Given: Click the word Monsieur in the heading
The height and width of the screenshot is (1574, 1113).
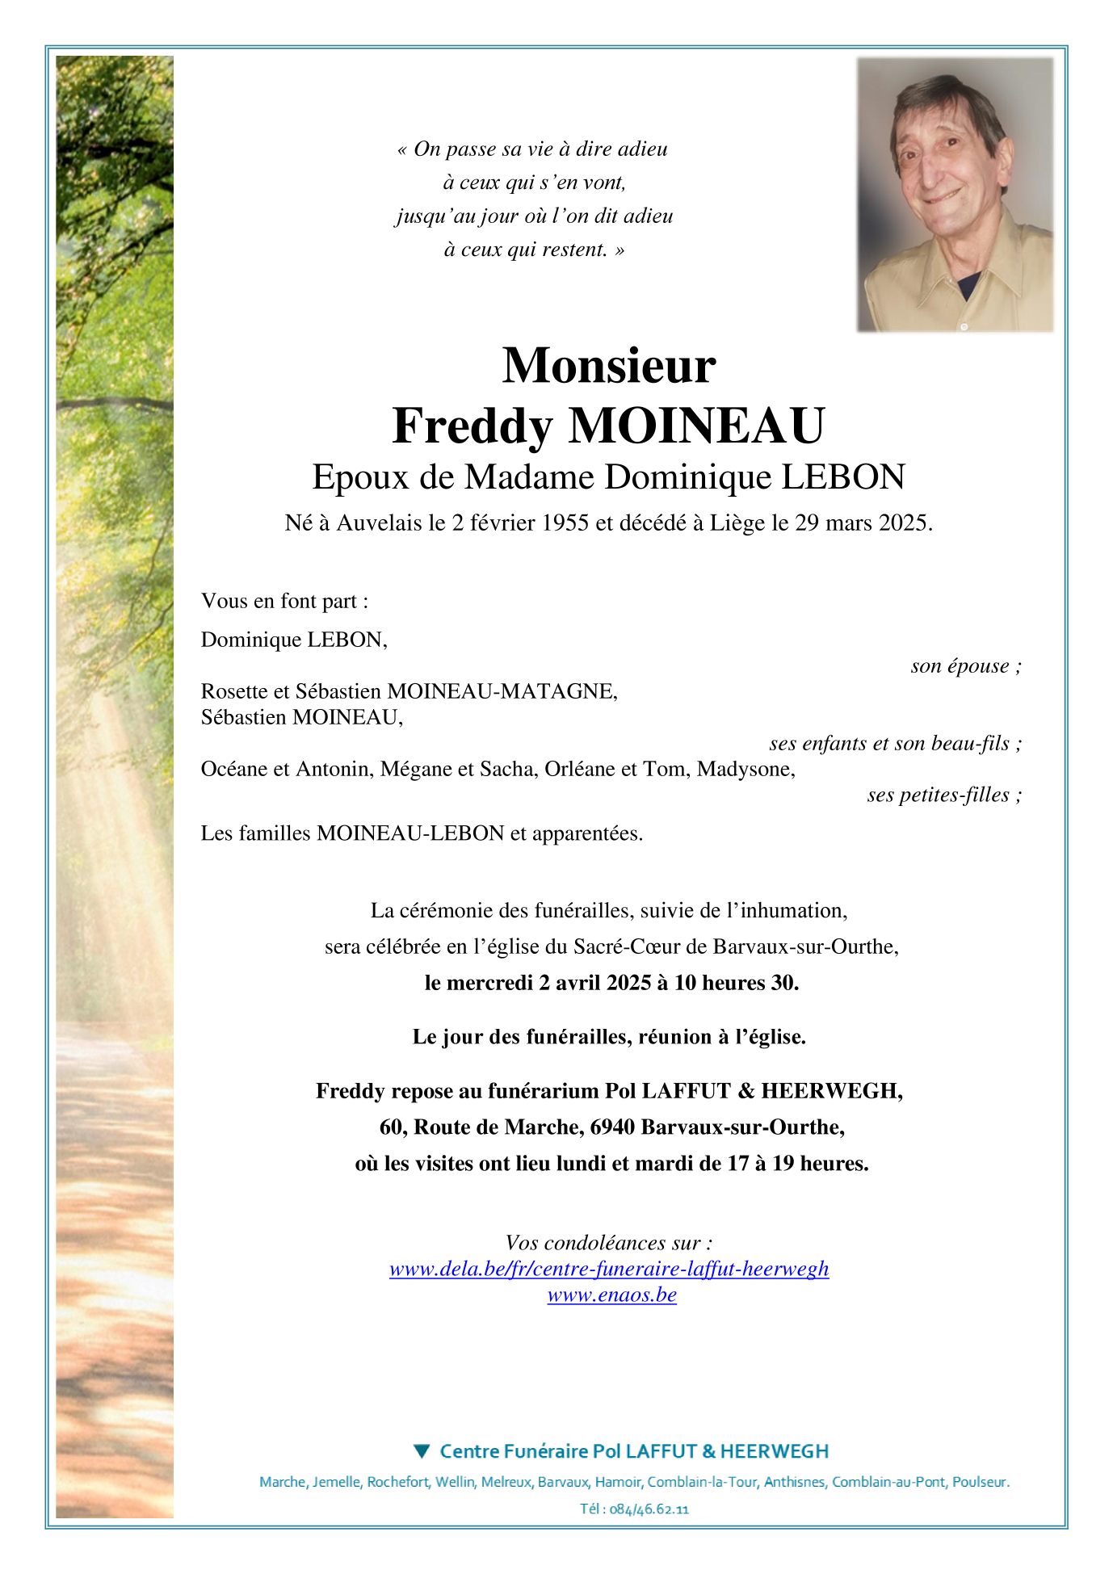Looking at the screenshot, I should tap(608, 366).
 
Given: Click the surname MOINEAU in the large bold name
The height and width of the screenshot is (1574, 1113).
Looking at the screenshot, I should tap(696, 426).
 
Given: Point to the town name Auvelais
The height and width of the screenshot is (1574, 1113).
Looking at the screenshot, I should tap(380, 523).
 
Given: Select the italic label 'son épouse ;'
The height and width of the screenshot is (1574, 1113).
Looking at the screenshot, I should tap(965, 666).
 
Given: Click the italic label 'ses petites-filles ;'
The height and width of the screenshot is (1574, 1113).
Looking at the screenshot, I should tap(943, 795).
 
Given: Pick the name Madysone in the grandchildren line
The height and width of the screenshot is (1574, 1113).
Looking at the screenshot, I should tap(745, 769).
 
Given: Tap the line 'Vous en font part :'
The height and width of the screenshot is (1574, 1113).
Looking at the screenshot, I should tap(284, 601).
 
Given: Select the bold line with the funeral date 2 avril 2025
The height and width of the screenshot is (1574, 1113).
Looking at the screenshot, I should tap(611, 983).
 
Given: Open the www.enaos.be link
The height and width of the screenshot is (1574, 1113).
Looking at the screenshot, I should tap(611, 1295).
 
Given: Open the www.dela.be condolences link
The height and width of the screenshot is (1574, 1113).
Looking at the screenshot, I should tap(609, 1269).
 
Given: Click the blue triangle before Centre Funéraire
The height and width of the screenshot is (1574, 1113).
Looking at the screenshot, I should tap(421, 1451).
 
